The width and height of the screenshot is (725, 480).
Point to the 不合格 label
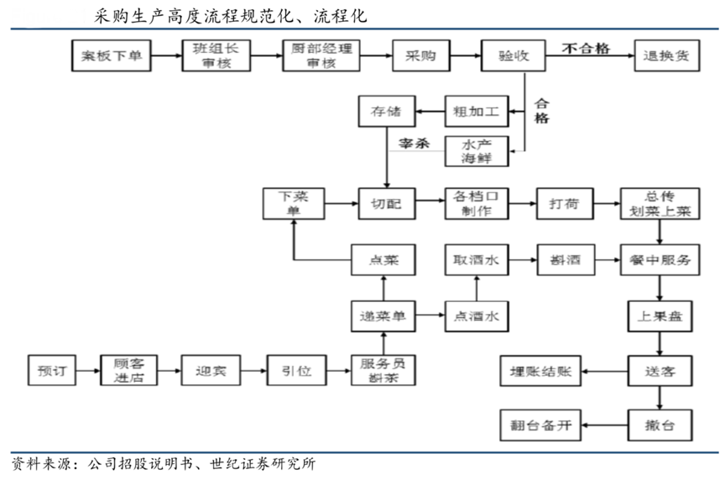tap(586, 48)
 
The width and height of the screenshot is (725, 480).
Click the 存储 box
tap(383, 111)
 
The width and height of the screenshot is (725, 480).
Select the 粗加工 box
tap(476, 111)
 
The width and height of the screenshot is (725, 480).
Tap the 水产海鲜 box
tap(476, 151)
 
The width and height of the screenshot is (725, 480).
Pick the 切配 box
tap(383, 204)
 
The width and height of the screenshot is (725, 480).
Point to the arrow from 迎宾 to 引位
tap(253, 370)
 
